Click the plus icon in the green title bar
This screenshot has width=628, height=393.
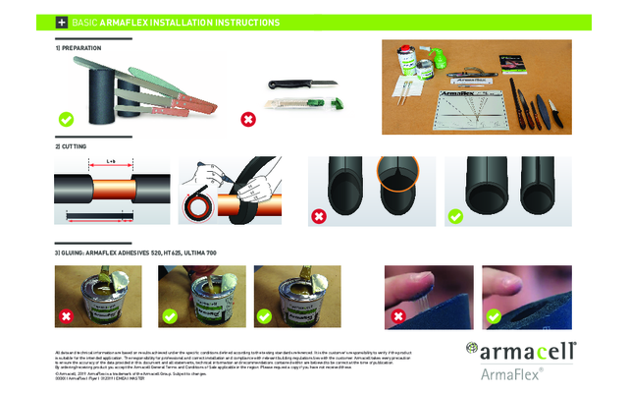[62, 21]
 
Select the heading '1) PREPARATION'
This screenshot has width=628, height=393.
[78, 46]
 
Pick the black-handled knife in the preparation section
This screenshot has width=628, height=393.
[288, 85]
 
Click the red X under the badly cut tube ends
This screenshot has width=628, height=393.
[318, 215]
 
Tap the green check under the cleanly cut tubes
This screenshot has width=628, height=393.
[455, 215]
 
